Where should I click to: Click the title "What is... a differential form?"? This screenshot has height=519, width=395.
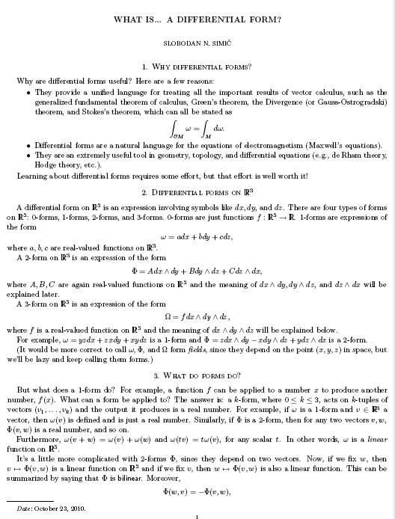click(x=197, y=17)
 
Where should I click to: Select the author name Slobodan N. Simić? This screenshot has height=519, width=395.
click(x=197, y=44)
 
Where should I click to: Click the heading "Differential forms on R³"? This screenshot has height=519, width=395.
click(x=197, y=191)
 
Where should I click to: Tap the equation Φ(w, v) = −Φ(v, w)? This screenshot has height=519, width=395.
click(x=197, y=493)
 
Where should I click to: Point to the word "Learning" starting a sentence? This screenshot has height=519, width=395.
click(x=32, y=176)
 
